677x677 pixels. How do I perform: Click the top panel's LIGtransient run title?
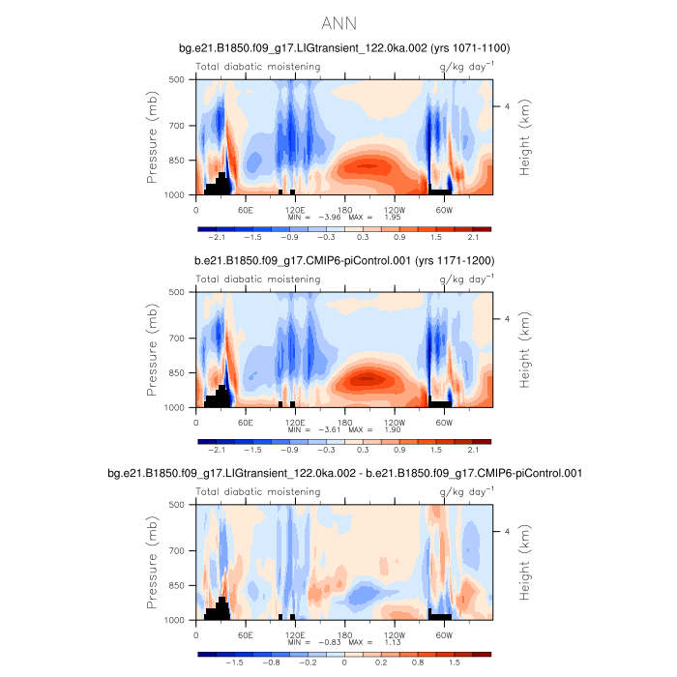coord(344,47)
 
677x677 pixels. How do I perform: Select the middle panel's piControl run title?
coord(344,260)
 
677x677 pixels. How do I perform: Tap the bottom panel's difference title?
coord(344,473)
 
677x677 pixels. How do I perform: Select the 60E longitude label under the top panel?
coord(246,209)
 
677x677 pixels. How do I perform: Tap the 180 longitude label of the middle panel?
coord(344,422)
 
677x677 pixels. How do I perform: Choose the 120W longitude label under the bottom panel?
coord(394,634)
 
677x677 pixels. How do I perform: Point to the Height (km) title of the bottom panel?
coord(524,563)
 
